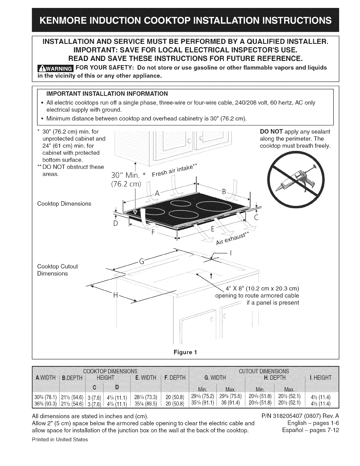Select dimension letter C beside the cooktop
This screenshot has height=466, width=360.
click(256, 218)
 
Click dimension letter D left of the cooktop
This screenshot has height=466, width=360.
click(116, 224)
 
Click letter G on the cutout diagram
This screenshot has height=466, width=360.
click(141, 261)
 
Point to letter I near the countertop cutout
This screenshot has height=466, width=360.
click(231, 253)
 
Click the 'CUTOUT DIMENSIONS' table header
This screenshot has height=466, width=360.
click(264, 371)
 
